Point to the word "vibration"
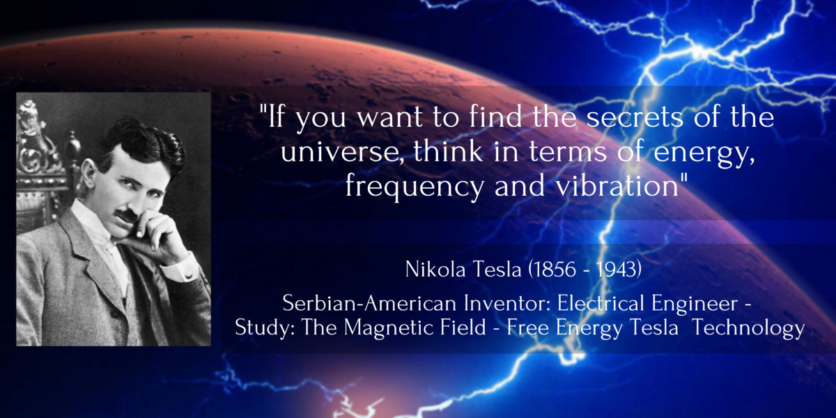point(617,185)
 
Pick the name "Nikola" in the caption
point(435,269)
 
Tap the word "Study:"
point(264,327)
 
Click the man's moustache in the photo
point(125,215)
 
